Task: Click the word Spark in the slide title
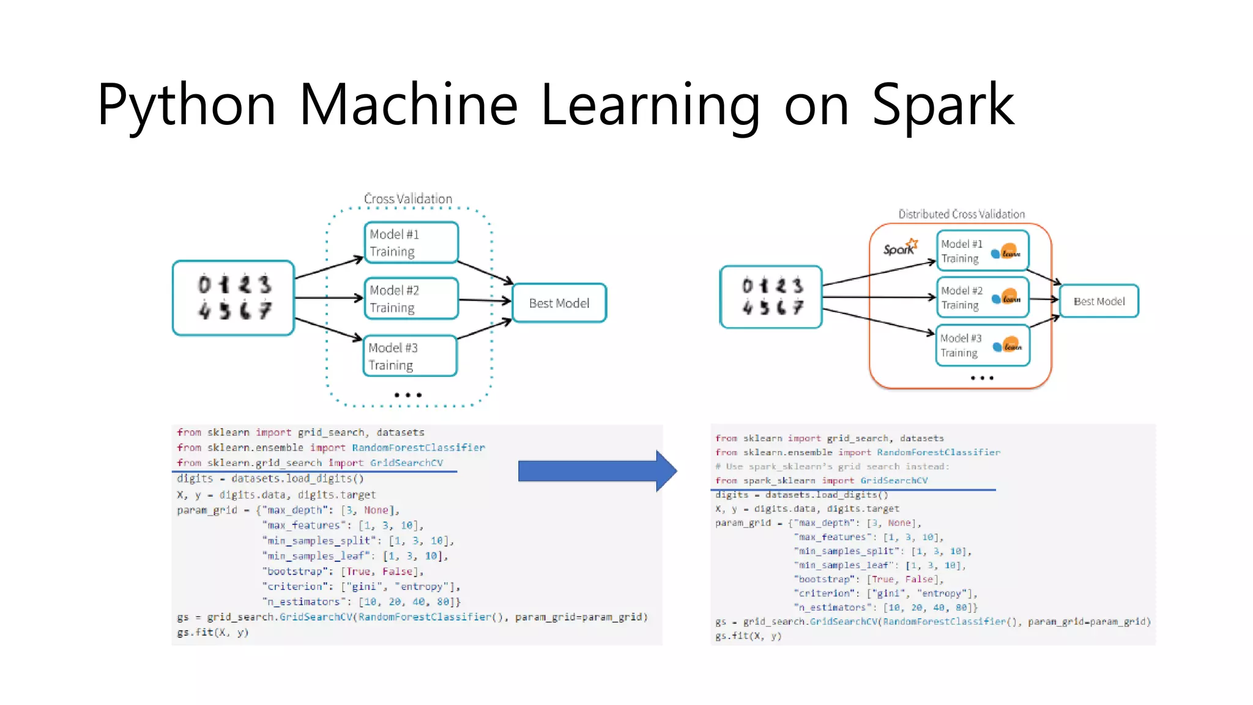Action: (x=943, y=105)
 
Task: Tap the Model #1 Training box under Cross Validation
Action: (x=411, y=242)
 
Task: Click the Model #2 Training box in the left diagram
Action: (x=411, y=299)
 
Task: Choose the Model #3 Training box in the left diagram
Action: (x=410, y=356)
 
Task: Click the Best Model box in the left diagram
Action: (x=559, y=303)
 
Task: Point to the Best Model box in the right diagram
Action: (x=1099, y=301)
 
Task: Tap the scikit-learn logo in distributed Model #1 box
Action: (x=1006, y=252)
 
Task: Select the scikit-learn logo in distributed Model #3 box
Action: (x=1008, y=346)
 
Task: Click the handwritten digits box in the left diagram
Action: (x=234, y=298)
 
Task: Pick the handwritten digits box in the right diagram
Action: (x=772, y=297)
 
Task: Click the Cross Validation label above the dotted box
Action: (x=408, y=199)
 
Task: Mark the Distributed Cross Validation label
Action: (x=961, y=214)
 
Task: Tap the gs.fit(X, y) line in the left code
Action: (x=213, y=632)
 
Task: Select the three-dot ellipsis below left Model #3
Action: (x=408, y=395)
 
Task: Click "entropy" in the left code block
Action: (x=422, y=586)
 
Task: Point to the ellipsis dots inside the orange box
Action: (x=982, y=378)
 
